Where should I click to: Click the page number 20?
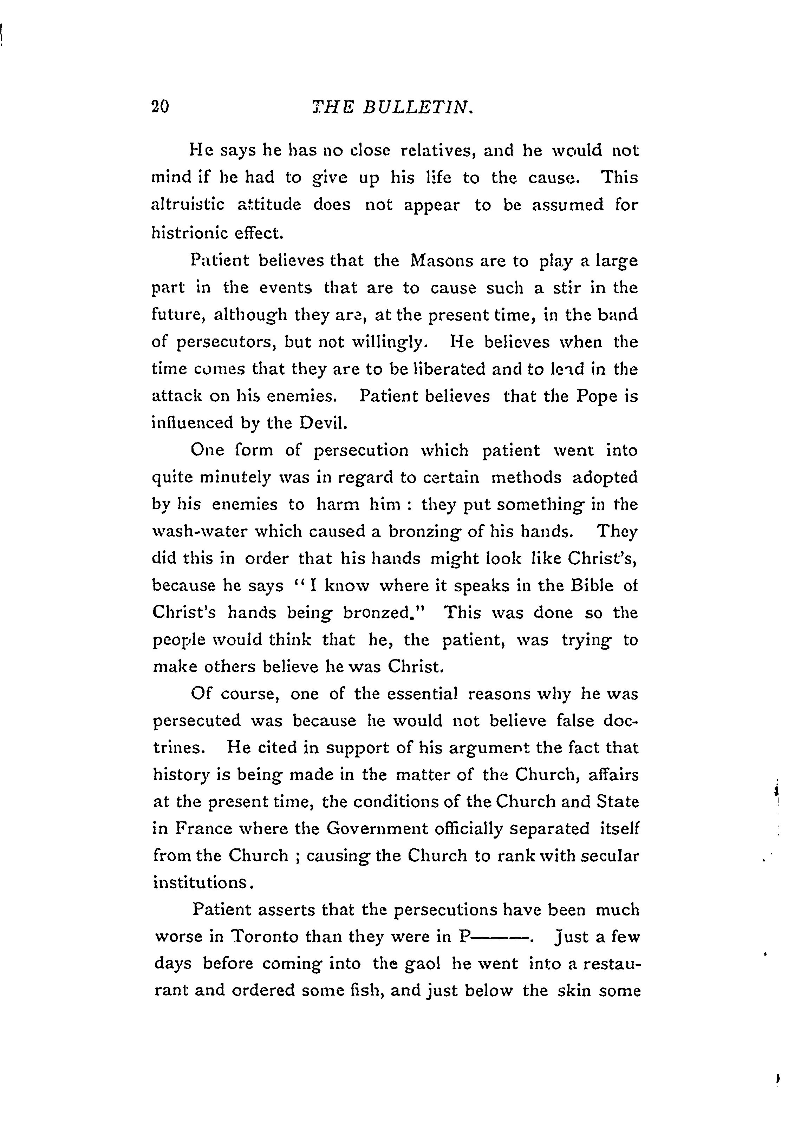coord(161,107)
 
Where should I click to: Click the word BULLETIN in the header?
coord(418,107)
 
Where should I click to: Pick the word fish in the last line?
coord(367,991)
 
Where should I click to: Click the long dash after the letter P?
coord(501,937)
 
